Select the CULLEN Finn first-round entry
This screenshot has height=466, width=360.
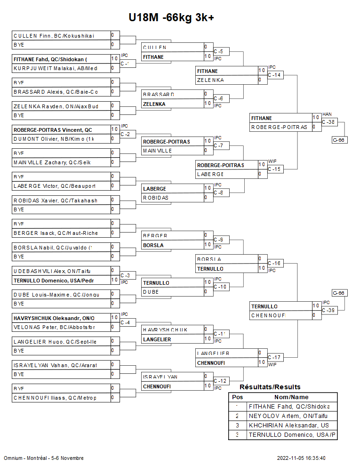click(54, 36)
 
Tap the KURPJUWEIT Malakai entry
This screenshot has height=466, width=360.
click(55, 68)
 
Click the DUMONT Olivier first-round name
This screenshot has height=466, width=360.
click(54, 139)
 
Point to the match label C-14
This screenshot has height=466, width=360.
click(275, 75)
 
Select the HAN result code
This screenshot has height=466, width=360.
click(327, 114)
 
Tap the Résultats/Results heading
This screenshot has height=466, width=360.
click(270, 387)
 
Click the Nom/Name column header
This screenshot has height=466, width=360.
click(292, 397)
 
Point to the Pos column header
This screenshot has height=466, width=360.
click(237, 397)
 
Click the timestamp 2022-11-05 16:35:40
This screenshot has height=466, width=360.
click(301, 458)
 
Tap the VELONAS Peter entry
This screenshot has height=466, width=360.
click(54, 327)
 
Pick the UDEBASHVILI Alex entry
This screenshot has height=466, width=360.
click(52, 271)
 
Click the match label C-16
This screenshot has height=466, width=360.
click(275, 263)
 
